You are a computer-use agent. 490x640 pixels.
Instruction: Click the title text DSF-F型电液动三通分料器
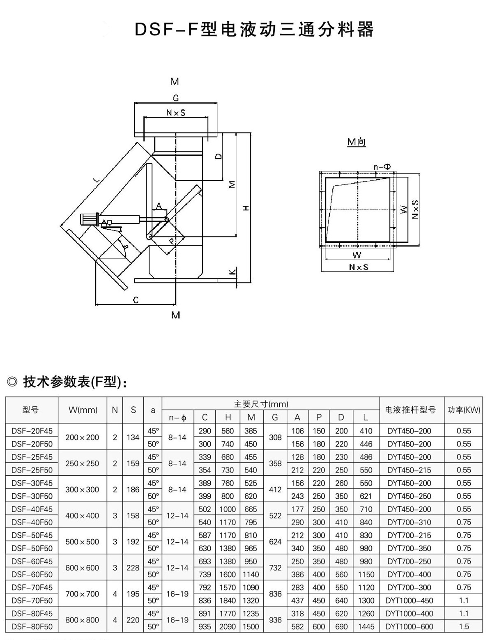click(x=254, y=30)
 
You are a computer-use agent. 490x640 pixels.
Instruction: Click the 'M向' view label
click(x=356, y=142)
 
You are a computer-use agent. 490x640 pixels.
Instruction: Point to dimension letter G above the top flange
click(x=175, y=98)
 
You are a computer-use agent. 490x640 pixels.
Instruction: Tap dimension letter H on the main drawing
click(x=246, y=208)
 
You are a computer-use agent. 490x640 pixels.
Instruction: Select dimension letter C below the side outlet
click(x=136, y=300)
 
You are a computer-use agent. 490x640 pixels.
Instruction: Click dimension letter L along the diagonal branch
click(x=96, y=180)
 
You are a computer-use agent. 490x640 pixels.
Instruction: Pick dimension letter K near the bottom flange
click(x=233, y=272)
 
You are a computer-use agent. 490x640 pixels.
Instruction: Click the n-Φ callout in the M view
click(x=382, y=166)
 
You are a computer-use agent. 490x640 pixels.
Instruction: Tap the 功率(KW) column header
click(x=464, y=410)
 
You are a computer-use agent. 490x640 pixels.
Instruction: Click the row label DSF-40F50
click(x=32, y=522)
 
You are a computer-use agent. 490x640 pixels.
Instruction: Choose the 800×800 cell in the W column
click(x=82, y=620)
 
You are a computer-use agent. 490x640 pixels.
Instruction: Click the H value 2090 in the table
click(x=228, y=626)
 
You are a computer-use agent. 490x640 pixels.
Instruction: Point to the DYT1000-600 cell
click(x=410, y=626)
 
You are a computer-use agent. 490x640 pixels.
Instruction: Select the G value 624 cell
click(x=275, y=541)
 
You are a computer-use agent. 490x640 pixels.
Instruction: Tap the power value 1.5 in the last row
click(x=464, y=626)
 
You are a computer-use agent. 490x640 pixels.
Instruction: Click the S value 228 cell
click(x=133, y=568)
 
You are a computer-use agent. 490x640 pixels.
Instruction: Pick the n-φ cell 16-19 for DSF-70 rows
click(x=177, y=594)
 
